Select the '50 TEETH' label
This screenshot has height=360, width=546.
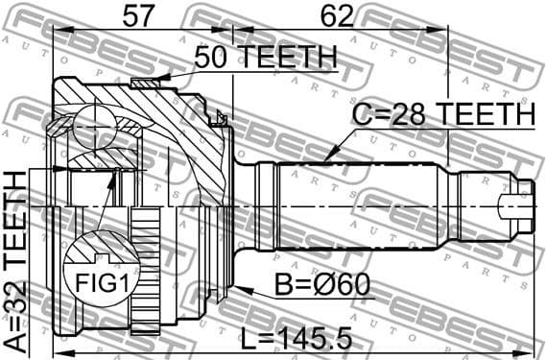pos(265,58)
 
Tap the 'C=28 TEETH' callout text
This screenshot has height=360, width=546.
pos(442,114)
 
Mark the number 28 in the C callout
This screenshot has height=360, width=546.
pos(400,114)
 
